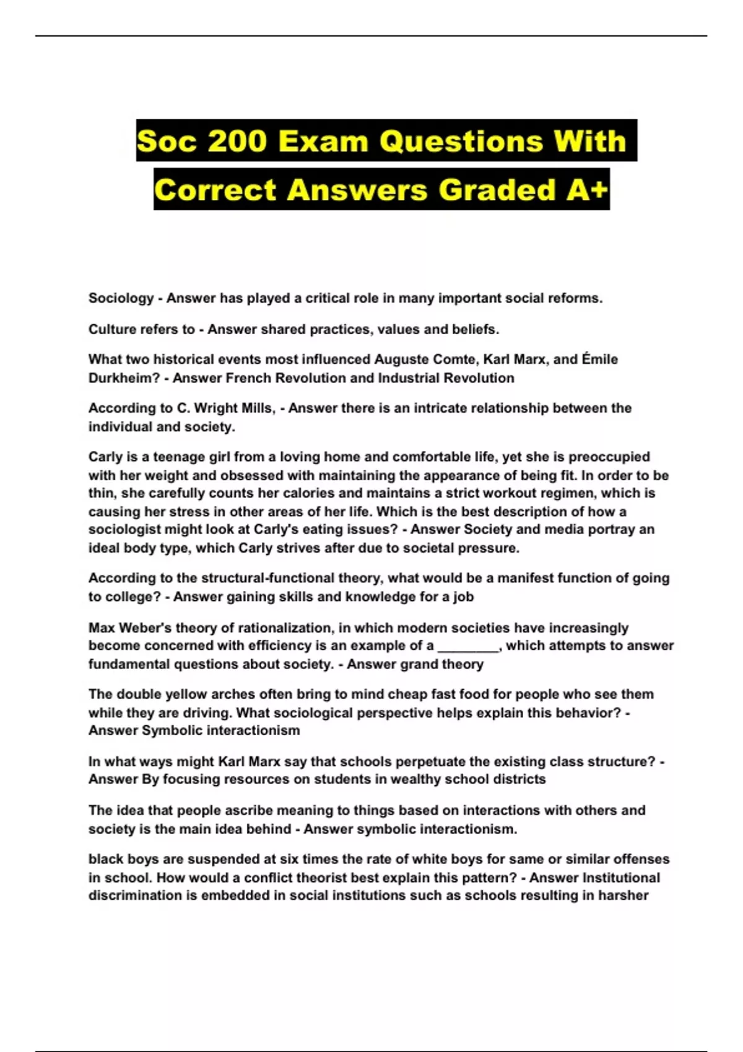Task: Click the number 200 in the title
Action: (237, 141)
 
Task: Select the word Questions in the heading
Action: (461, 141)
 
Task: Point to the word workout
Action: (528, 493)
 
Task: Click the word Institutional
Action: (621, 878)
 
